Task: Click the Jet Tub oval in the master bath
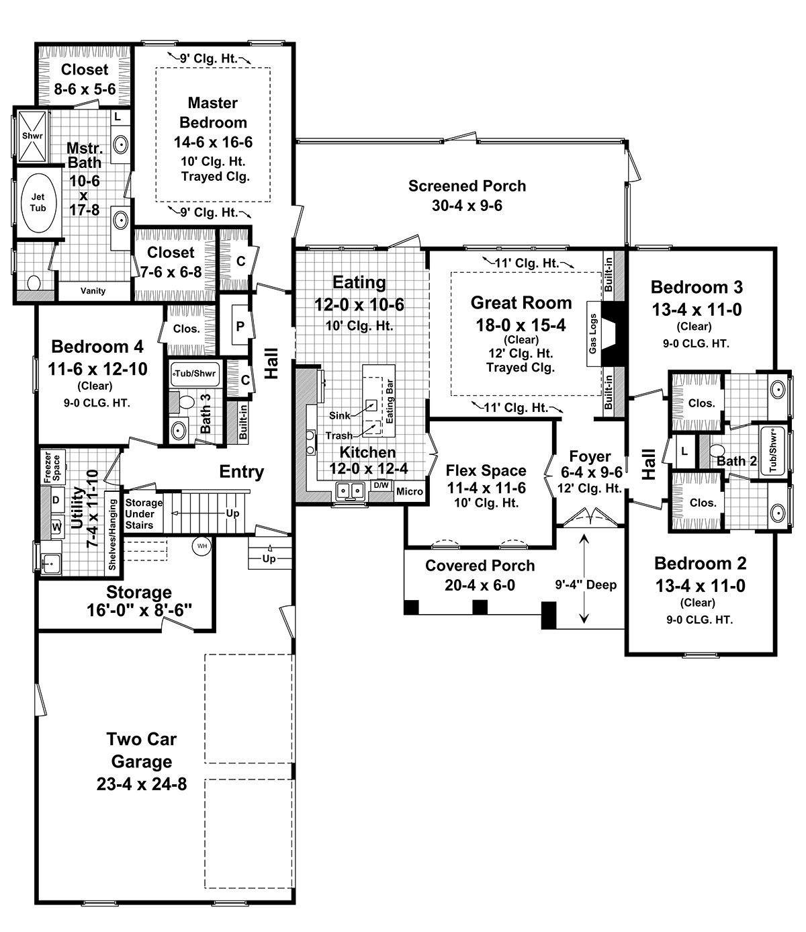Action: pos(38,202)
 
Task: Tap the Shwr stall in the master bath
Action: pos(32,136)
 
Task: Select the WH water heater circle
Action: pos(202,546)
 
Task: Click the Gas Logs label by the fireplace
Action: pos(593,334)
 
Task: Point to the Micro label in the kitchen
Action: pos(409,491)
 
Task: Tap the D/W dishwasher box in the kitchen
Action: pos(382,485)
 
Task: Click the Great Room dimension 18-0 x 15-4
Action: pos(521,325)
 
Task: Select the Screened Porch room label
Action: pos(467,185)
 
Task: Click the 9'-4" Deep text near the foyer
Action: pos(586,585)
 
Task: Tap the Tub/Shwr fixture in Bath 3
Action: pos(195,373)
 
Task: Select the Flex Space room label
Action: pos(486,470)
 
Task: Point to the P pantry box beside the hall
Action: pos(240,325)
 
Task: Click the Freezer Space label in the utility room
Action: pos(52,467)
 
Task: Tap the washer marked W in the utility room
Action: pos(56,527)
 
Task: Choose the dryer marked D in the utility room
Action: pos(56,500)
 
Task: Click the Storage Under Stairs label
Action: pos(143,514)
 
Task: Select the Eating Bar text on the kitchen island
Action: pos(390,401)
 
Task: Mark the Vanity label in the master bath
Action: pos(93,291)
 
